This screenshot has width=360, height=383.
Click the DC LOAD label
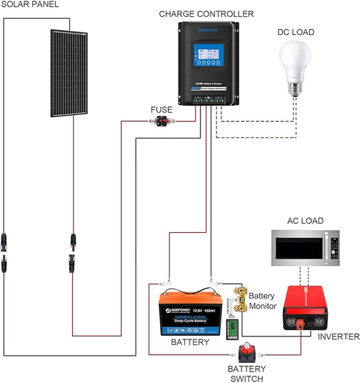pyautogui.click(x=295, y=32)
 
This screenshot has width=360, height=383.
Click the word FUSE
pyautogui.click(x=161, y=109)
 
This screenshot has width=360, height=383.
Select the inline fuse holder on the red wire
pyautogui.click(x=161, y=122)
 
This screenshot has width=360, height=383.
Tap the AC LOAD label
pyautogui.click(x=305, y=221)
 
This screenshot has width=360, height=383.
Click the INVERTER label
pyautogui.click(x=338, y=336)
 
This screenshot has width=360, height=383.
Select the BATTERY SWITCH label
pyautogui.click(x=247, y=374)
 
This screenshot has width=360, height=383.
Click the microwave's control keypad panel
pyautogui.click(x=332, y=250)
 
